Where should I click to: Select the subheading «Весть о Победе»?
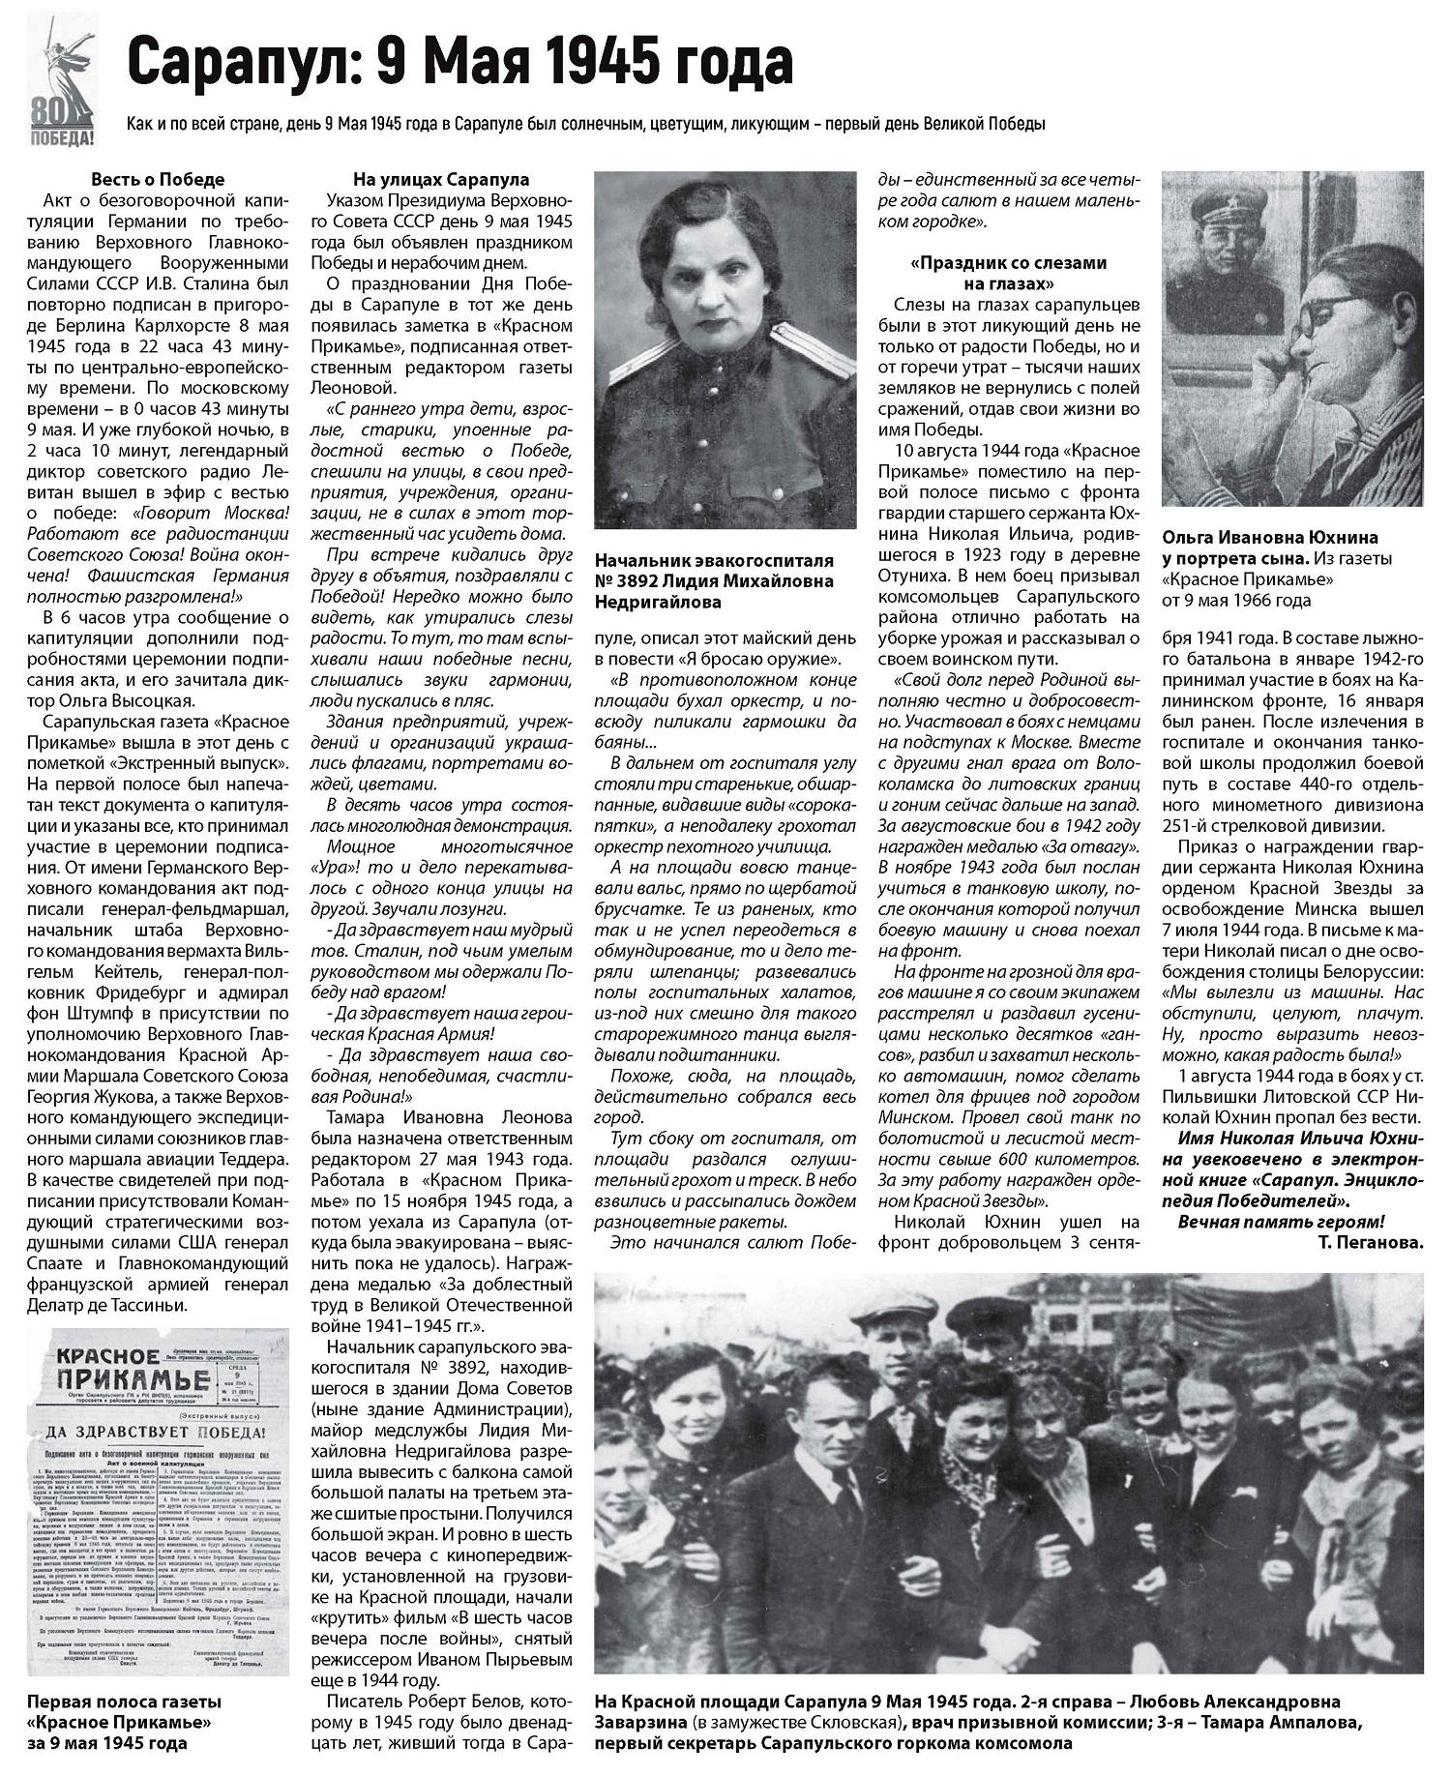158,179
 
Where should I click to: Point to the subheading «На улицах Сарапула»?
440,179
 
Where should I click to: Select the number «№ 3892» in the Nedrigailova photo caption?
629,580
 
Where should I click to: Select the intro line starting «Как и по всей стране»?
585,125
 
